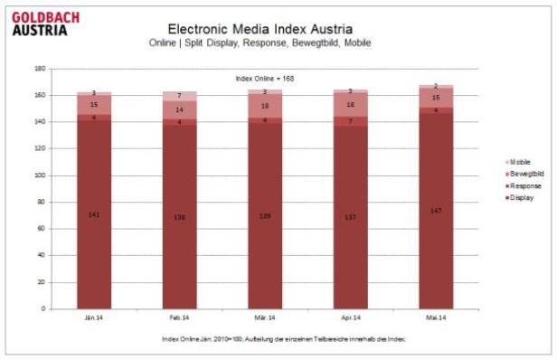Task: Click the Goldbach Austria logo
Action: (x=46, y=22)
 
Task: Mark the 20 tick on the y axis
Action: (x=41, y=282)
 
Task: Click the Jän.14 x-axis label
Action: (x=93, y=317)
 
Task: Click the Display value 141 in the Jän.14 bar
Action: (x=93, y=215)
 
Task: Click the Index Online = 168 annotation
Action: (x=265, y=79)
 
